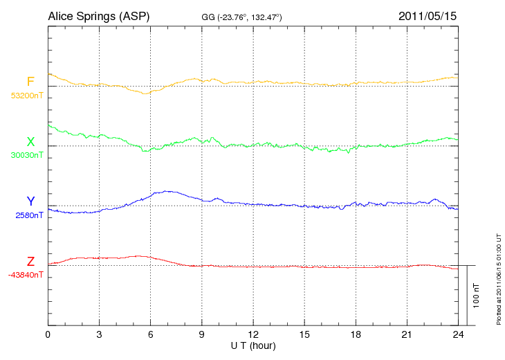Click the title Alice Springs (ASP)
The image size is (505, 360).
tap(98, 15)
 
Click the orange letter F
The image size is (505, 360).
tap(30, 82)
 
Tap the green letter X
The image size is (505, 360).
tap(30, 142)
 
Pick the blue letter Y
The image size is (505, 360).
tap(30, 201)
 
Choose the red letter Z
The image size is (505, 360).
tap(30, 261)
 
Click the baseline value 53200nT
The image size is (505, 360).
tap(26, 96)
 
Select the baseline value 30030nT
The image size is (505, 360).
tap(26, 155)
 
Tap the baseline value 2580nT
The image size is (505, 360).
tap(28, 215)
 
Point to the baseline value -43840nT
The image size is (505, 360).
tap(26, 275)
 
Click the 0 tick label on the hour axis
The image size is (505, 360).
tap(48, 334)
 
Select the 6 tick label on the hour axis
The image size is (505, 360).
tap(151, 334)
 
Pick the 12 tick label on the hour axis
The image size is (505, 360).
tap(253, 334)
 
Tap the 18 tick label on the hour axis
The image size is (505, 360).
tap(356, 334)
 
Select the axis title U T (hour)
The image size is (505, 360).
tap(253, 345)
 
